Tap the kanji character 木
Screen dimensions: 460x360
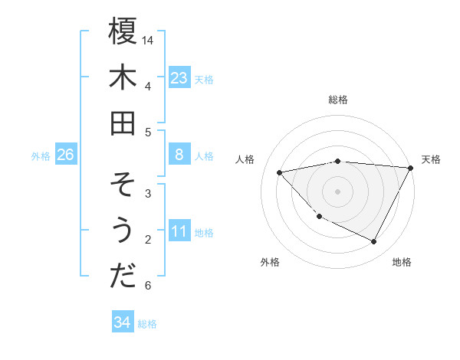pos(123,77)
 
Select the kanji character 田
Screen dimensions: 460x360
pos(123,123)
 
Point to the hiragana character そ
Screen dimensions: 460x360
pos(123,185)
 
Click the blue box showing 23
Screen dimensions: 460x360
pos(179,77)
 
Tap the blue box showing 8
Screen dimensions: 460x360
pos(179,155)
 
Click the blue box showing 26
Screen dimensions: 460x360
pos(66,155)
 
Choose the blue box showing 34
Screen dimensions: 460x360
pos(122,322)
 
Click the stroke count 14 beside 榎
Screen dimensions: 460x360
pos(148,40)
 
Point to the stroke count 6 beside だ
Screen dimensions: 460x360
pos(148,286)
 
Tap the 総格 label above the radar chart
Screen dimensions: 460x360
pos(338,100)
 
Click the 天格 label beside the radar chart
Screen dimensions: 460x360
pos(432,159)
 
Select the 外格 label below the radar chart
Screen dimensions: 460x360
pos(270,262)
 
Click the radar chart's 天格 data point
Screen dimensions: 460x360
pos(412,168)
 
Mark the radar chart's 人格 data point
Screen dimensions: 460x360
pos(280,172)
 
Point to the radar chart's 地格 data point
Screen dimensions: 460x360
pos(373,242)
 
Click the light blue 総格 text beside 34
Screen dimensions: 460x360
pos(147,323)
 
